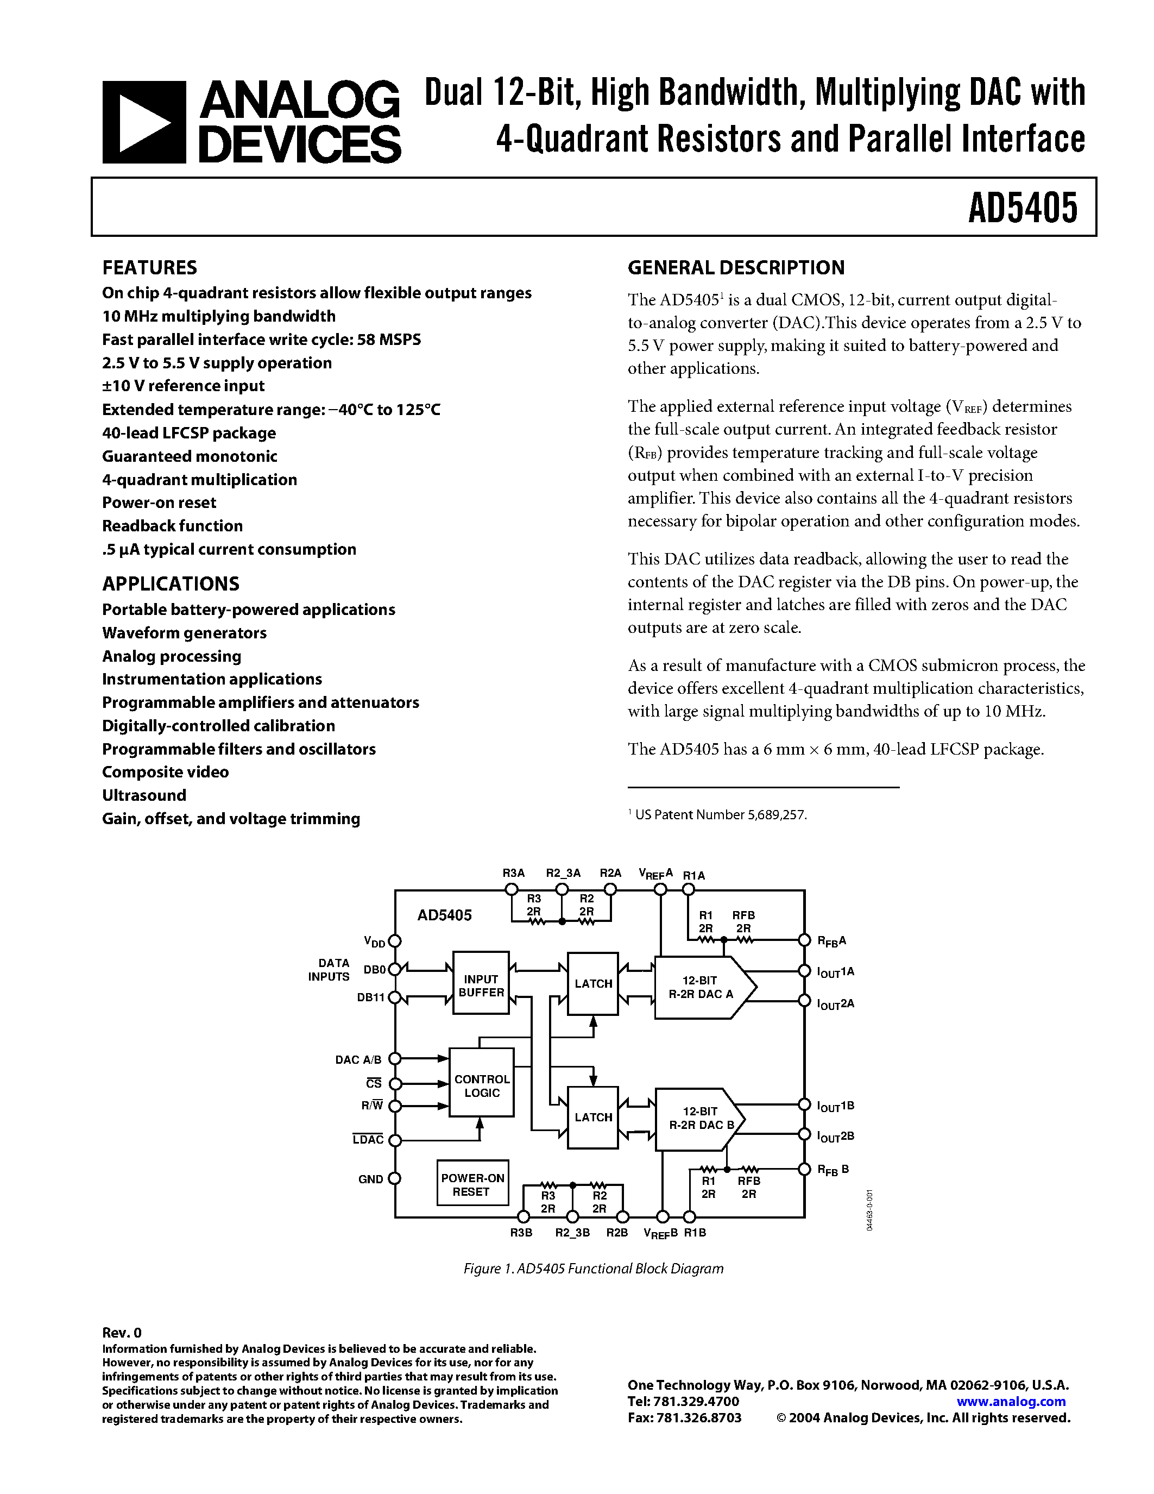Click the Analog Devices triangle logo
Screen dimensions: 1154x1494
tap(143, 122)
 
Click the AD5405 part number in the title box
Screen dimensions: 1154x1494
tap(1022, 208)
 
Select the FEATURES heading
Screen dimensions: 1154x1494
tap(150, 267)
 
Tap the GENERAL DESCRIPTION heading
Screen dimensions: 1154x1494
tap(736, 267)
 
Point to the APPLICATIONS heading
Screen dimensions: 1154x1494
tap(171, 583)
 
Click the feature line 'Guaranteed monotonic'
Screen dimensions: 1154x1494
tap(190, 456)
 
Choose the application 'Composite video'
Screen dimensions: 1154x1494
tap(166, 773)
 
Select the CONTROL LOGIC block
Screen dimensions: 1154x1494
tap(481, 1085)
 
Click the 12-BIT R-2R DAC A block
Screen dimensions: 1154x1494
tap(701, 987)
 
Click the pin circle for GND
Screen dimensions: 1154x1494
tap(394, 1179)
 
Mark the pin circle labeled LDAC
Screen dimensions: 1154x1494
tap(394, 1140)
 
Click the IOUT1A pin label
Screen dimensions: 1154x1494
tap(835, 972)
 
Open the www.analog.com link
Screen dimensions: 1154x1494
tap(1011, 1401)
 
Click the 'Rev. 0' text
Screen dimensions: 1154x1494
tap(122, 1333)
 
